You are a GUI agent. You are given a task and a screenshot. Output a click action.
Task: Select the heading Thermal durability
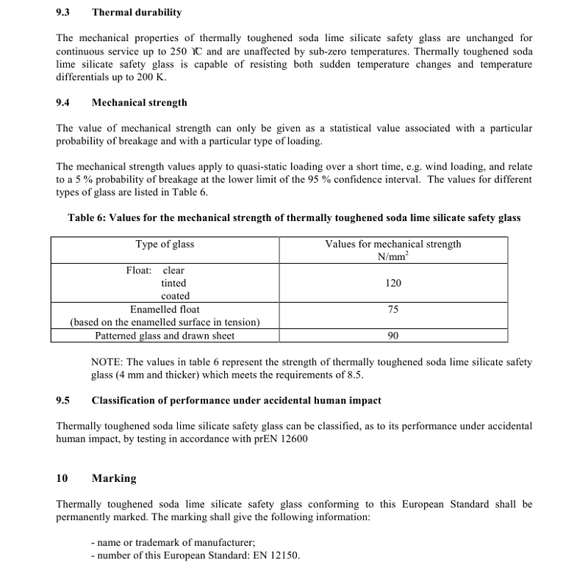tap(137, 12)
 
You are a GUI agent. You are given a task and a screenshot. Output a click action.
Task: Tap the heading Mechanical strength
tap(139, 103)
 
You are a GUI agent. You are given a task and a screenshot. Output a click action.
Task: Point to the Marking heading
tap(114, 478)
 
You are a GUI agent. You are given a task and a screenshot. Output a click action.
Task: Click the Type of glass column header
tap(165, 244)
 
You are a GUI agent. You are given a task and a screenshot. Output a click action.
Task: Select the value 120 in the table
tap(392, 283)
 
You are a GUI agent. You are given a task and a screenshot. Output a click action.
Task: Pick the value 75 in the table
tap(392, 310)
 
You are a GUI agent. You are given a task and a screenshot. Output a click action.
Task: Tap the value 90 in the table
tap(392, 336)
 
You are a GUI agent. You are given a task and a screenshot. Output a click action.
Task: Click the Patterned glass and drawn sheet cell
tap(165, 336)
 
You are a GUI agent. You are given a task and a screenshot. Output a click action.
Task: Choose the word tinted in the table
tap(173, 283)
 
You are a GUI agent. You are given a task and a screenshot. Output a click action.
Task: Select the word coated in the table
tap(175, 296)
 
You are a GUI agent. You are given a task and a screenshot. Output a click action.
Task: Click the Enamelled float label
tap(165, 310)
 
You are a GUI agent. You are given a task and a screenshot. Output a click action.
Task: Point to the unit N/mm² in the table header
tap(393, 256)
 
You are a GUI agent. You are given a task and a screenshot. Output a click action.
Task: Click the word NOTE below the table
tap(107, 362)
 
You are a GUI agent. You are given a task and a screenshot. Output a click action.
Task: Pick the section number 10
tap(62, 478)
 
